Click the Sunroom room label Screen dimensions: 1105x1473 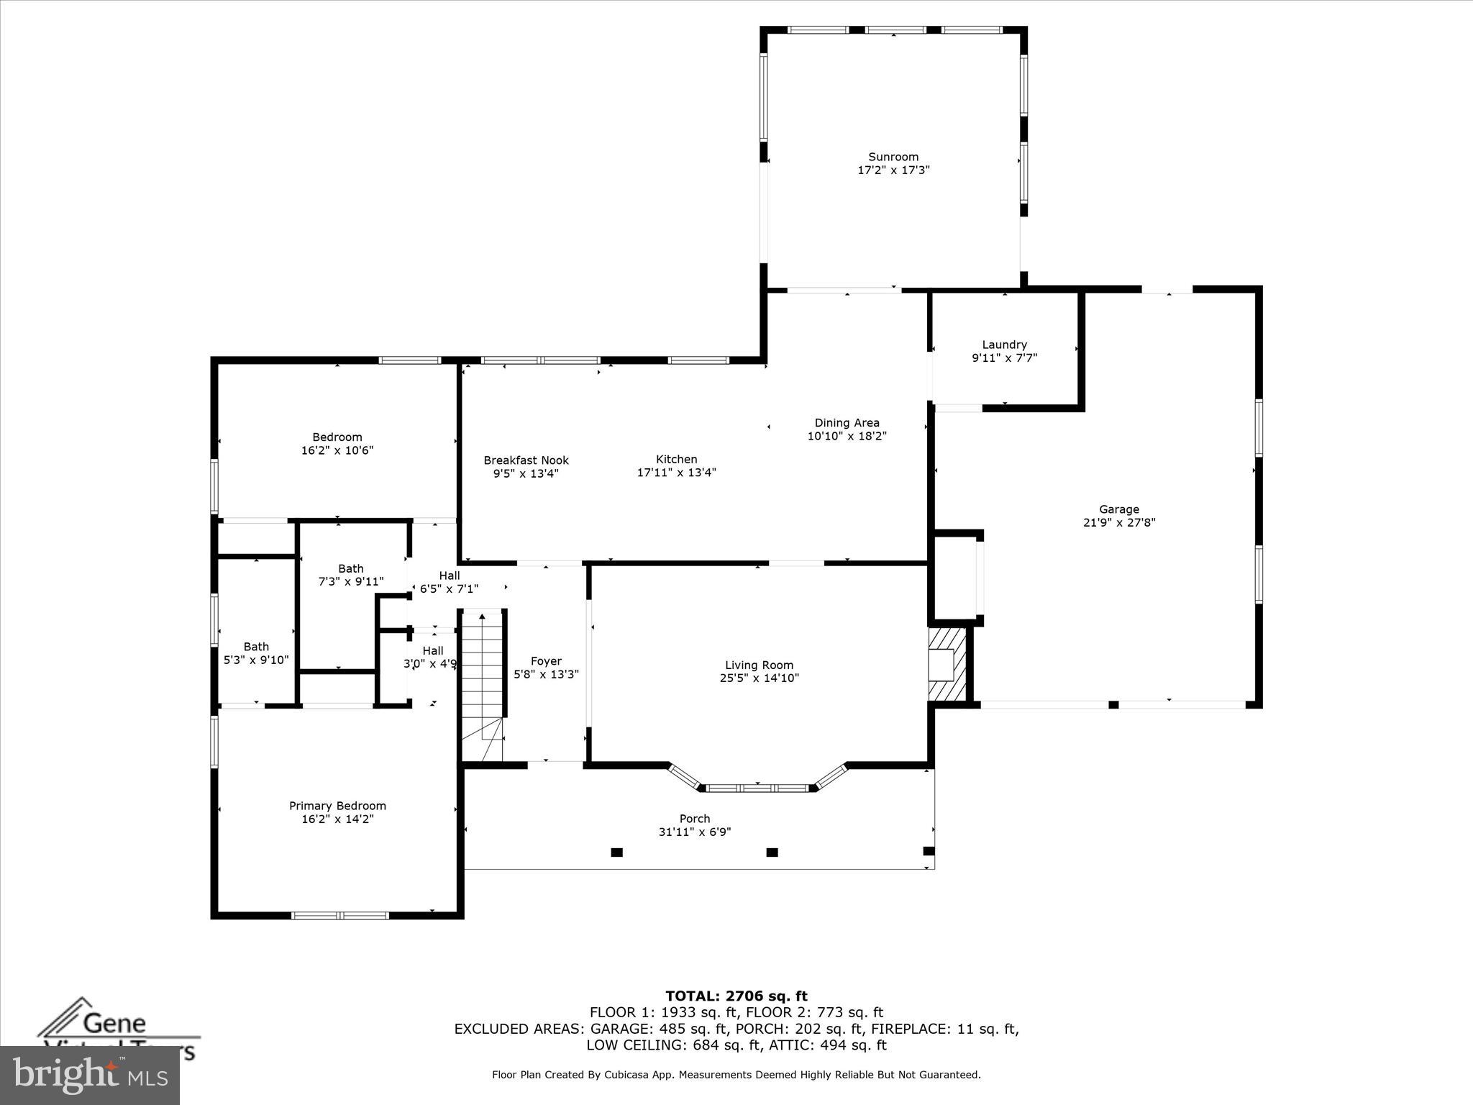pyautogui.click(x=893, y=157)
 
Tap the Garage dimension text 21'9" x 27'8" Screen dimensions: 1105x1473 pyautogui.click(x=1118, y=523)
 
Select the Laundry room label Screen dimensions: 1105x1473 pyautogui.click(x=1004, y=345)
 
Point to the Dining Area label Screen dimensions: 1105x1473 pyautogui.click(x=847, y=423)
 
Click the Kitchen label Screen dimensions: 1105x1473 pyautogui.click(x=676, y=459)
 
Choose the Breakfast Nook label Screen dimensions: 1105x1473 pyautogui.click(x=526, y=460)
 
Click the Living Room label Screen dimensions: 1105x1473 pyautogui.click(x=759, y=665)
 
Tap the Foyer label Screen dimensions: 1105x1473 pyautogui.click(x=546, y=661)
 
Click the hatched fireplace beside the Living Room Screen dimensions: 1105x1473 pyautogui.click(x=947, y=664)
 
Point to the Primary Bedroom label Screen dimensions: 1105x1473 pyautogui.click(x=337, y=806)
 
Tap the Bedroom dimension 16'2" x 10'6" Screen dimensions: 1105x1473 pyautogui.click(x=337, y=450)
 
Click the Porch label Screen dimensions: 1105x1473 pyautogui.click(x=694, y=819)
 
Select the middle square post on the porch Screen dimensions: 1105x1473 pyautogui.click(x=772, y=852)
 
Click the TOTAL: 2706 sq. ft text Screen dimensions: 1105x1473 pyautogui.click(x=736, y=996)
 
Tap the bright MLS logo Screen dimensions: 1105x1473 pyautogui.click(x=90, y=1075)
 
